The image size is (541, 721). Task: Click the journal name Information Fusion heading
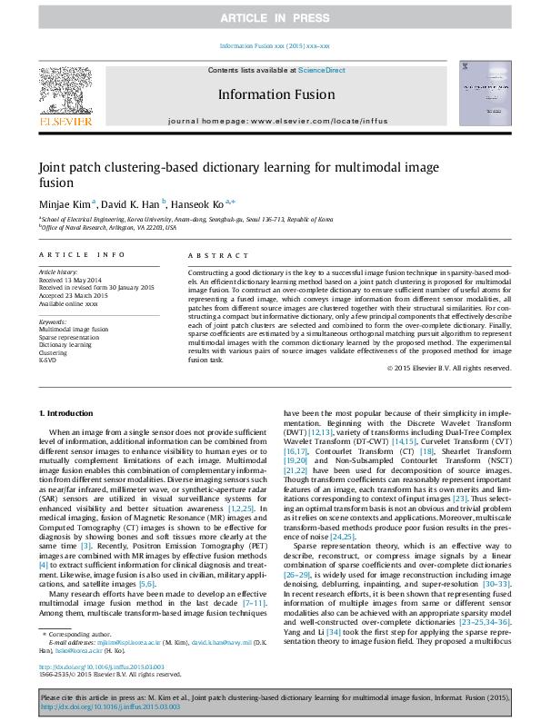[275, 94]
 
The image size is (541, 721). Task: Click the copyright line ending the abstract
[449, 393]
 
